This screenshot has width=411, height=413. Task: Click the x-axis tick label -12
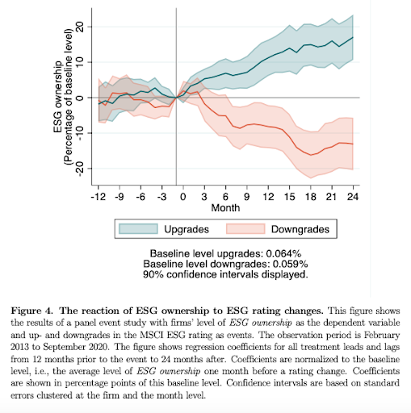coord(99,197)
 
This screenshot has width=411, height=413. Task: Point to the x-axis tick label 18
coord(311,197)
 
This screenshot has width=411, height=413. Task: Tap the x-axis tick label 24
coord(353,197)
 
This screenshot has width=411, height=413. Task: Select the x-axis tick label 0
coord(183,197)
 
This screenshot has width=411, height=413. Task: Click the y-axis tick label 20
coord(80,27)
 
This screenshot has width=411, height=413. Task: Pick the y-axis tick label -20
coord(80,169)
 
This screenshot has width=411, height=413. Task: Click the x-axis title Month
coord(225,208)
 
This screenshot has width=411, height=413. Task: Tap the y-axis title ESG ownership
coord(58,97)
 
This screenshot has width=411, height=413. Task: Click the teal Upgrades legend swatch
coord(138,229)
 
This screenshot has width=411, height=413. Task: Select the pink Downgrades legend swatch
coord(245,229)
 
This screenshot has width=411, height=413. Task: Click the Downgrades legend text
coord(300,229)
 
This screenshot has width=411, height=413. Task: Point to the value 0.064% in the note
coord(283,253)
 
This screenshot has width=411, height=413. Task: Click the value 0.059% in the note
coord(290,264)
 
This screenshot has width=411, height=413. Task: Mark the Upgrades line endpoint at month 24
coord(353,37)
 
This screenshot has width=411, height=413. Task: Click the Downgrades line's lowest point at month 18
coord(311,155)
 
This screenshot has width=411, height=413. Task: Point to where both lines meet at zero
coord(176,98)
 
